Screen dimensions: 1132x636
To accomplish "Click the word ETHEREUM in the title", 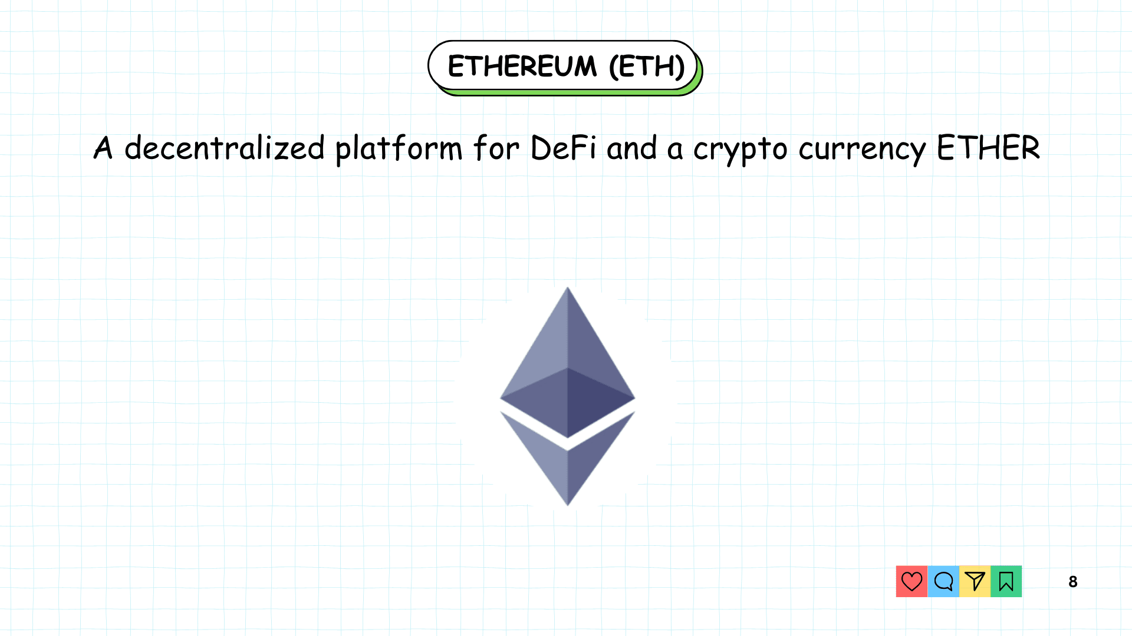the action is tap(522, 66).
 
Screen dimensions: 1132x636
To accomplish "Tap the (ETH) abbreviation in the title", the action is tap(646, 66).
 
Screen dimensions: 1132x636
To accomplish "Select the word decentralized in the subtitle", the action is tap(224, 148).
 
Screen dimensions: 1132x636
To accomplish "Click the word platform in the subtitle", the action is tap(399, 149).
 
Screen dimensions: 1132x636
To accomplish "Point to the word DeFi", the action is tap(563, 148).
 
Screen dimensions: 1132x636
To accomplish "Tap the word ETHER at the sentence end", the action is tap(988, 148).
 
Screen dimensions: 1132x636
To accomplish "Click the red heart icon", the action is tap(911, 581).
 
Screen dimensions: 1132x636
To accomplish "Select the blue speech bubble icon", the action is tap(943, 581).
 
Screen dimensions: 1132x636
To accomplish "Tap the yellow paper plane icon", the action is tap(975, 581).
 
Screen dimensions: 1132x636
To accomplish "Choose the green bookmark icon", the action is tap(1006, 581).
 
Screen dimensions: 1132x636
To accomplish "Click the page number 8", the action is tap(1073, 582).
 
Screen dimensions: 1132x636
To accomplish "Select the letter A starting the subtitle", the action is tap(103, 148).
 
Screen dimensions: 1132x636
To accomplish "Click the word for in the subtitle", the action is tap(496, 148).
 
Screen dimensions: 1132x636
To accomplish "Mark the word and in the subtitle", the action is tap(631, 148).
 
